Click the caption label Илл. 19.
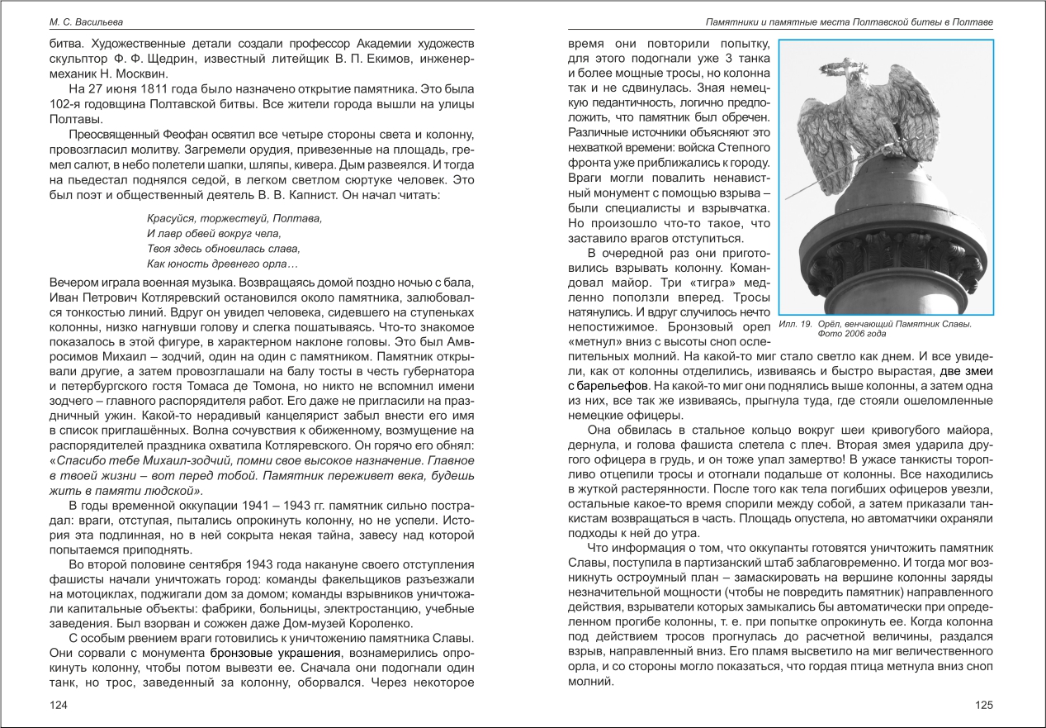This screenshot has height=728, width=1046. (x=796, y=324)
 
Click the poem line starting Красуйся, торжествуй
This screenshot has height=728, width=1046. (x=234, y=219)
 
